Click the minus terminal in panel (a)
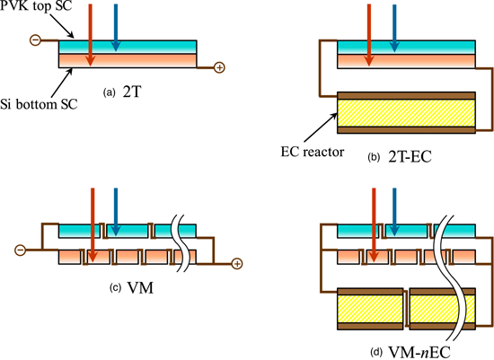tap(35, 40)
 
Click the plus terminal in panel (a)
tap(219, 67)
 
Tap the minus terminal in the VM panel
tap(20, 250)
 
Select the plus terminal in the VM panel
tap(237, 264)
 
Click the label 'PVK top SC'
tap(36, 6)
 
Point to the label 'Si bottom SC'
tap(39, 104)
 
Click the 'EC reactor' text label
tap(313, 152)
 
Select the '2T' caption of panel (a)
tap(132, 92)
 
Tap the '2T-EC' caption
tap(410, 156)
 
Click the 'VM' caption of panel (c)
tap(140, 287)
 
